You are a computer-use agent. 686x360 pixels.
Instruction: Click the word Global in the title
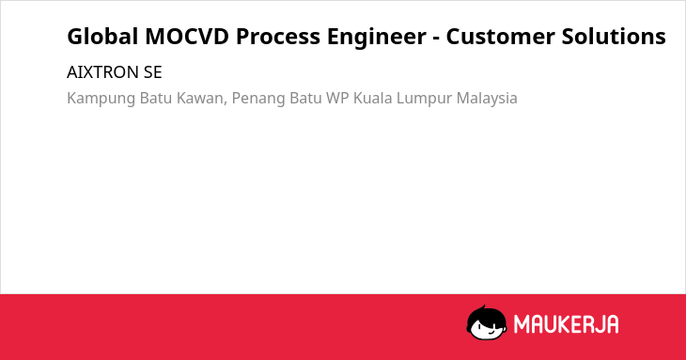point(102,37)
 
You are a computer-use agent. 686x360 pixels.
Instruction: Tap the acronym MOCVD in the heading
point(187,37)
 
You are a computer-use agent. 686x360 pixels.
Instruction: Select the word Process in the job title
point(278,37)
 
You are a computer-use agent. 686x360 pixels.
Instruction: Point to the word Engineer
point(377,38)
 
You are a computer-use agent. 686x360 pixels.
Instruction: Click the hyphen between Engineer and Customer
point(436,39)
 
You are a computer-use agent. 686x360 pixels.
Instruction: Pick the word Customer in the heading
point(500,37)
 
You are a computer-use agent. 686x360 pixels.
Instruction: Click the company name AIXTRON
point(102,72)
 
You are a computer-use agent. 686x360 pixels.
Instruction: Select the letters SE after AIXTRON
point(152,72)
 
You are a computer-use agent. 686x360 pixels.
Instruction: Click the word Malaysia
point(487,99)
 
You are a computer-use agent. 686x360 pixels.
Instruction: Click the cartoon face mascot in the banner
point(487,322)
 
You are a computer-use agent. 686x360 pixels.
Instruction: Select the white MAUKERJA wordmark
point(566,324)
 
